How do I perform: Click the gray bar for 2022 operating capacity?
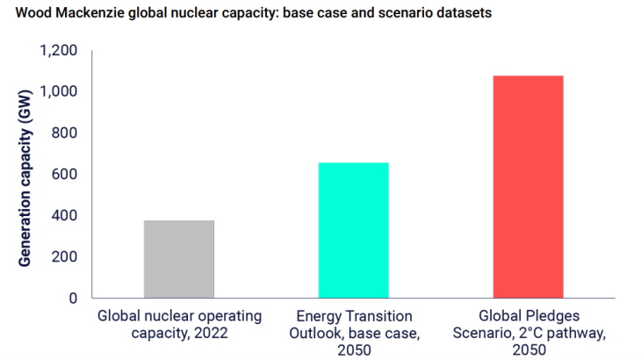pyautogui.click(x=178, y=259)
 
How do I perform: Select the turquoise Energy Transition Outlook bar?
pyautogui.click(x=353, y=230)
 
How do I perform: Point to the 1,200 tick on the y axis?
pyautogui.click(x=59, y=50)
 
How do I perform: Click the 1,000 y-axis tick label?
pyautogui.click(x=59, y=91)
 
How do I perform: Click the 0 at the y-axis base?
pyautogui.click(x=74, y=298)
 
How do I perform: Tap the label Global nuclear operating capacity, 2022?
pyautogui.click(x=178, y=323)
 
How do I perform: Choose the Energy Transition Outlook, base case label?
pyautogui.click(x=353, y=331)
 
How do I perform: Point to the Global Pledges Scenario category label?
pyautogui.click(x=528, y=331)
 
